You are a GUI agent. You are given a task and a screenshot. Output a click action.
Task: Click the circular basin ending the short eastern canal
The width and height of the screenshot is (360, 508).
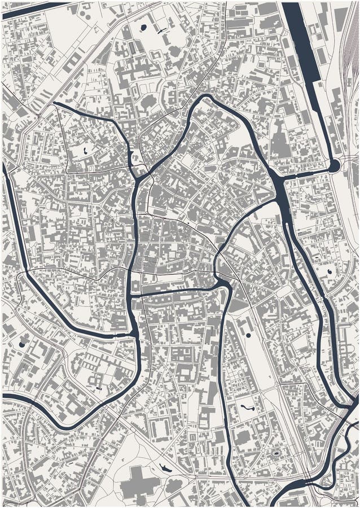pos(333,165)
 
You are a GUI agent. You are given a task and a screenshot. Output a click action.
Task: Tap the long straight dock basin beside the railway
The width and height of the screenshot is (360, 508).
pos(302,45)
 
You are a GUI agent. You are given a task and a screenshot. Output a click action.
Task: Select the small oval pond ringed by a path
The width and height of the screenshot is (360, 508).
pos(276,453)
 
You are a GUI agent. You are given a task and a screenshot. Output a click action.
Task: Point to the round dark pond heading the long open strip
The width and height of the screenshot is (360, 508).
pos(248,335)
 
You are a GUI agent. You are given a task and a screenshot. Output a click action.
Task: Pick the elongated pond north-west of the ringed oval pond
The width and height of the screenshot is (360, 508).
pos(247,406)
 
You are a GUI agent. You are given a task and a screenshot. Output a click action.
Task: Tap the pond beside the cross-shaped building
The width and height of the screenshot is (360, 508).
pos(164,467)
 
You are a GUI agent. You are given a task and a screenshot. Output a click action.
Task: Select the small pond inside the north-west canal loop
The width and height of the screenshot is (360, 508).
pos(85,151)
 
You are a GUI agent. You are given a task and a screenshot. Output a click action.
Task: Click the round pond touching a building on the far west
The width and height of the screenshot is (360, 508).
pos(22,344)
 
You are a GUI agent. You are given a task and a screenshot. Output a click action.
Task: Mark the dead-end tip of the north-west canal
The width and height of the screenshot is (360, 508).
pos(55,104)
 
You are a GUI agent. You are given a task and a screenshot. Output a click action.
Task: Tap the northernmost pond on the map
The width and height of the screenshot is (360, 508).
pos(143,27)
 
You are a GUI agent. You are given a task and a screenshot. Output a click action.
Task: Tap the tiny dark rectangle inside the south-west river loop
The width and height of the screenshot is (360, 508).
pos(99,388)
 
